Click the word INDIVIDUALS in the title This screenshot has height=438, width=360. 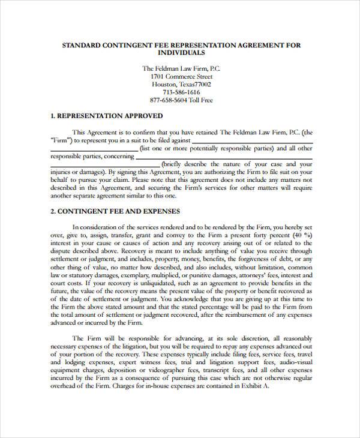(x=179, y=53)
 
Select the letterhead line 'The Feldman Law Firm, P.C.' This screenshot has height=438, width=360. (x=179, y=68)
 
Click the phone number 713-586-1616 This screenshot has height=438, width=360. (x=179, y=93)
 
